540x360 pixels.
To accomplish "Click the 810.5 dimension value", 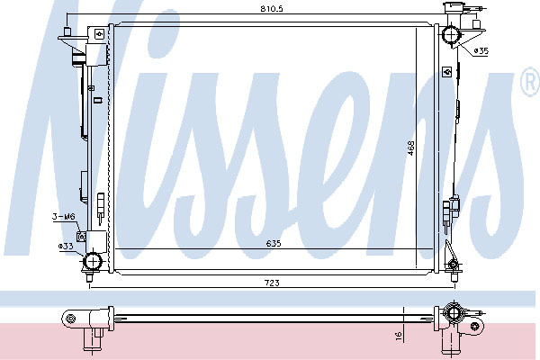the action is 272,9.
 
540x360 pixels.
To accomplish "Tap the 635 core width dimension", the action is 274,243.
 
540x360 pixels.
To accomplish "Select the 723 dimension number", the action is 272,283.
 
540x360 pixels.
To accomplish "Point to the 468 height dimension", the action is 410,148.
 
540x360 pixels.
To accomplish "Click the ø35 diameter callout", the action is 481,51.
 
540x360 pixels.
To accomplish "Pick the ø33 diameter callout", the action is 66,246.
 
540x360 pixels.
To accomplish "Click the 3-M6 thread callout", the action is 64,217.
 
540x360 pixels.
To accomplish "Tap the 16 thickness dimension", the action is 399,336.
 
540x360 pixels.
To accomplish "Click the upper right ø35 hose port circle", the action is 451,34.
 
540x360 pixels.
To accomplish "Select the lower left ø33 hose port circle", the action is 93,262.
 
